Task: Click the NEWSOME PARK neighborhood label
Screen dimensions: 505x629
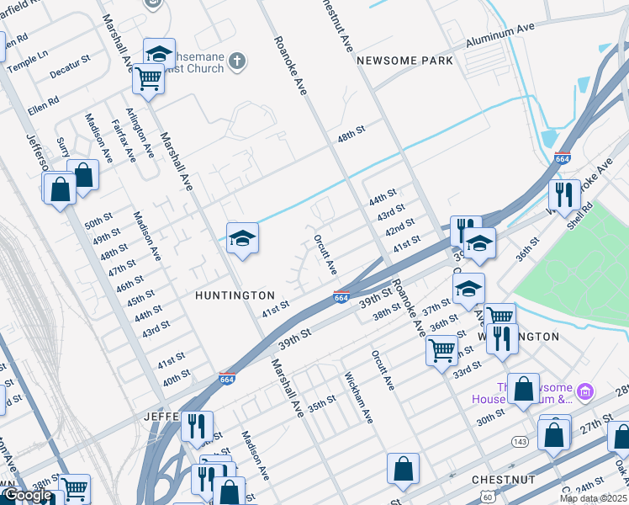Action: coord(404,61)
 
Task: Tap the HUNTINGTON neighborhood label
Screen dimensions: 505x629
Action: coord(235,295)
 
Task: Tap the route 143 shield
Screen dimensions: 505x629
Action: coord(522,439)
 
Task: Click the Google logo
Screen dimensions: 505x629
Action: coord(28,495)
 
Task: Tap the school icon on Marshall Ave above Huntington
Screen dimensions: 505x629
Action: coord(242,238)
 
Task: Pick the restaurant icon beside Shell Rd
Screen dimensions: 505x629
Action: coord(563,194)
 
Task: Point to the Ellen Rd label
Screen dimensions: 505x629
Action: coord(43,104)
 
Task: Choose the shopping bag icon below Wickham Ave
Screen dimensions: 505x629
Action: coord(404,469)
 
